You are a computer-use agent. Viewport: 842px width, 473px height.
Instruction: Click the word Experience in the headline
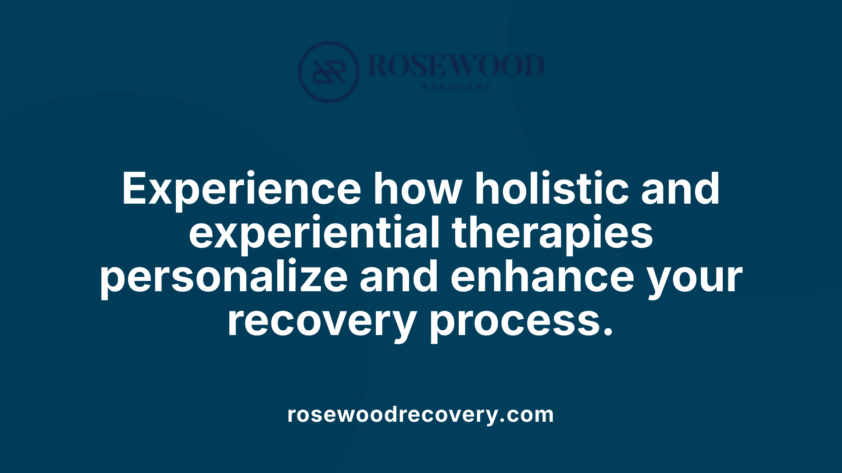click(x=241, y=189)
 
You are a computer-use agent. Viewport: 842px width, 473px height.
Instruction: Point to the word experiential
click(x=314, y=233)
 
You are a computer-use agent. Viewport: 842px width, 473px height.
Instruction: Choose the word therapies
click(x=552, y=233)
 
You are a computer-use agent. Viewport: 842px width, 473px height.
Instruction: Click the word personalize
click(x=224, y=277)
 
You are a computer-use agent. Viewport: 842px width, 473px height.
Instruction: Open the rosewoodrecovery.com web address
click(x=421, y=414)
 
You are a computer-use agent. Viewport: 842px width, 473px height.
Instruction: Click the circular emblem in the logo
click(x=329, y=72)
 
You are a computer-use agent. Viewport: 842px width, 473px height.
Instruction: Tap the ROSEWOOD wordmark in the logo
click(x=456, y=66)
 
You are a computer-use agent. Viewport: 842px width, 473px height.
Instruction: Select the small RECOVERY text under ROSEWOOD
click(x=456, y=87)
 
